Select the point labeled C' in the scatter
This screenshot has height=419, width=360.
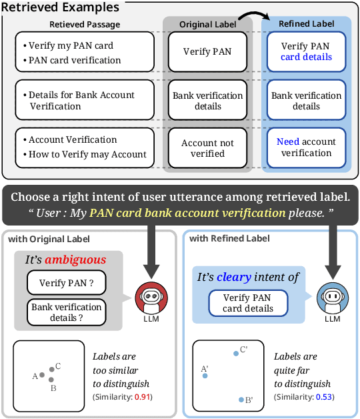coord(235,354)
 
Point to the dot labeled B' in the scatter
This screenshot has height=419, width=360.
coord(241,399)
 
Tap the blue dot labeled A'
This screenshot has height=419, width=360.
coord(205,376)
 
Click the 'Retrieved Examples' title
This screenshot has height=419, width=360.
coord(63,8)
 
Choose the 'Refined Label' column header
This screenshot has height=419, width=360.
coord(306,23)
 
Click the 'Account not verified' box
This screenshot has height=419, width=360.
coord(208,148)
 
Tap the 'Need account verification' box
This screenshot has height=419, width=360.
coord(306,147)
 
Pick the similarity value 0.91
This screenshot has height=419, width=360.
coord(142,397)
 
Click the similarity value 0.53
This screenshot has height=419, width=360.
coord(324,397)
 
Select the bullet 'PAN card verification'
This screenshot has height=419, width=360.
coord(75,60)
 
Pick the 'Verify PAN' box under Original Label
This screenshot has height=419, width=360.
coord(208,52)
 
